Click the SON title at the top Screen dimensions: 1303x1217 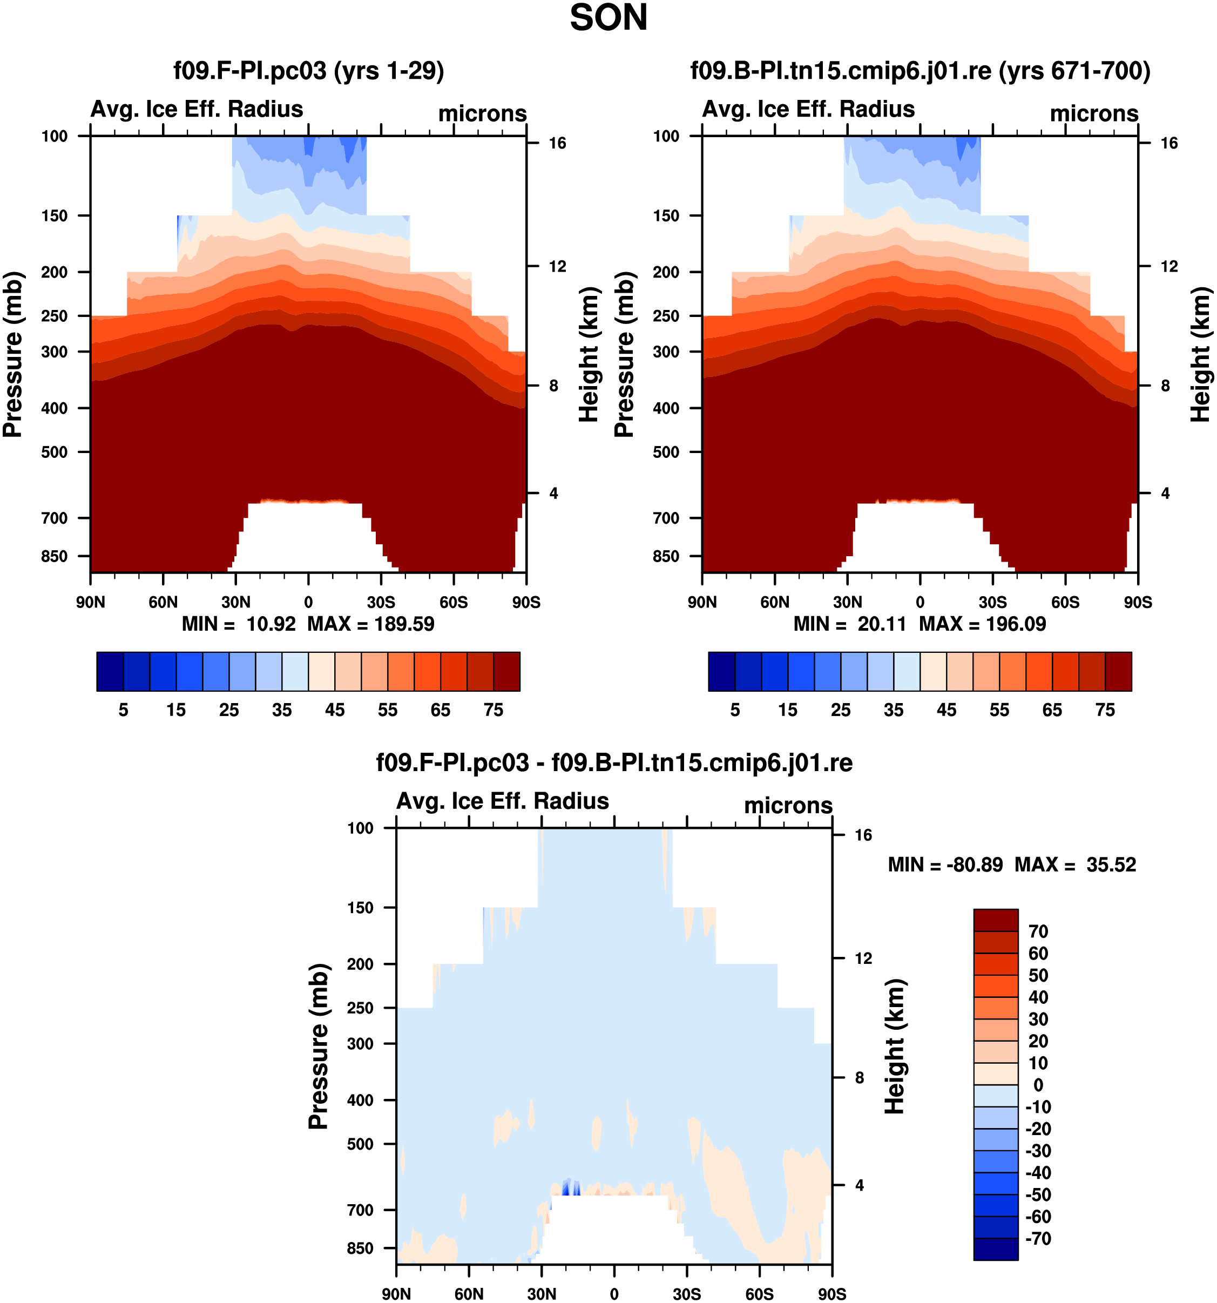(x=608, y=18)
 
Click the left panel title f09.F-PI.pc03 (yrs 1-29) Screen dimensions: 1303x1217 (x=308, y=71)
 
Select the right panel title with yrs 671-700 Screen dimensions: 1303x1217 (x=919, y=71)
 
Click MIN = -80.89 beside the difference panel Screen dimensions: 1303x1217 (x=945, y=865)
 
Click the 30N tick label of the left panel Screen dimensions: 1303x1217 (x=235, y=602)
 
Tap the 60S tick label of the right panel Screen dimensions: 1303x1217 (x=1065, y=602)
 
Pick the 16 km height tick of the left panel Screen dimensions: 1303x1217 (x=557, y=144)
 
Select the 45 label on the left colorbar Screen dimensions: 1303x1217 (x=334, y=711)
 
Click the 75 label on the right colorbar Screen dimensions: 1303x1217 (x=1105, y=711)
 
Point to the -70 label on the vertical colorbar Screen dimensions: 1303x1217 (x=1039, y=1239)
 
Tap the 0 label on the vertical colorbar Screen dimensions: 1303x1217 (x=1038, y=1085)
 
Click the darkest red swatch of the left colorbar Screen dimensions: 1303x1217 (x=506, y=671)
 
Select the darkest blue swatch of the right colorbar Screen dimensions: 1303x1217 (x=721, y=671)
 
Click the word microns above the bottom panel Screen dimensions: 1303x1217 (x=788, y=806)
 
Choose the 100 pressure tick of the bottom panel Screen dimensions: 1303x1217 (x=361, y=828)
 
